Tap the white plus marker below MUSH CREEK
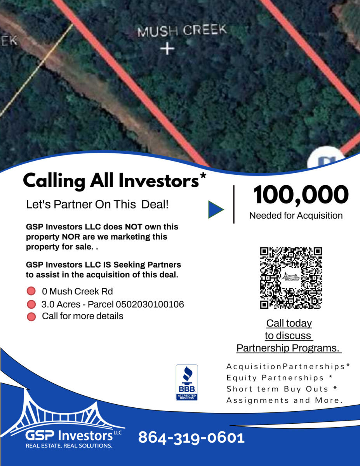click(167, 49)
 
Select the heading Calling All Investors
click(115, 181)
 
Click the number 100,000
click(301, 195)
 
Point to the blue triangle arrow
click(216, 210)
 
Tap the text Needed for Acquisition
click(296, 216)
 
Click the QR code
click(291, 278)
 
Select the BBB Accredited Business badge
click(187, 383)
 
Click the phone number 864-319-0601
click(191, 438)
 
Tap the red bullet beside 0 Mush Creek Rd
click(31, 291)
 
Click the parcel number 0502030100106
click(150, 304)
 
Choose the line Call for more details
click(83, 316)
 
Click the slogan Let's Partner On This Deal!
click(97, 204)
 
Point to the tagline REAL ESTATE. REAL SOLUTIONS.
click(69, 446)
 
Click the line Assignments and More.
click(284, 400)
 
